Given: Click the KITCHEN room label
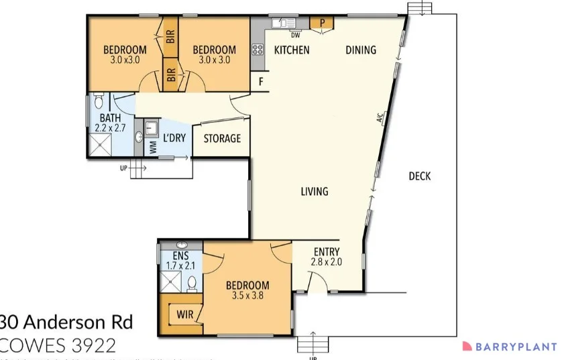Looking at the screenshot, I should pyautogui.click(x=292, y=50).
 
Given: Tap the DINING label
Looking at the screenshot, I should pyautogui.click(x=361, y=50).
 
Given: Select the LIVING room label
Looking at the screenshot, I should pyautogui.click(x=314, y=191).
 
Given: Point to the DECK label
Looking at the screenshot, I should pyautogui.click(x=419, y=176).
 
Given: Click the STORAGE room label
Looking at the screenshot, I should pyautogui.click(x=222, y=139).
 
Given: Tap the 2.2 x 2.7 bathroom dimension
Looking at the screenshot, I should pyautogui.click(x=111, y=127).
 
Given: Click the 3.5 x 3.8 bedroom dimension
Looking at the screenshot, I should pyautogui.click(x=247, y=296).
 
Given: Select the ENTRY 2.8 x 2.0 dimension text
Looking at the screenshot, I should pyautogui.click(x=327, y=262).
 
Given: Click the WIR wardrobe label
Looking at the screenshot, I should pyautogui.click(x=185, y=314).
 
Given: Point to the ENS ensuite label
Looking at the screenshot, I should pyautogui.click(x=180, y=255).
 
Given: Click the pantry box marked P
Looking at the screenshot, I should pyautogui.click(x=322, y=23).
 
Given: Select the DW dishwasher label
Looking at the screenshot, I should pyautogui.click(x=294, y=36).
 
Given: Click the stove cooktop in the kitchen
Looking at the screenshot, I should pyautogui.click(x=258, y=49).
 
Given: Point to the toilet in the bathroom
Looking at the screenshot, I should pyautogui.click(x=99, y=101).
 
